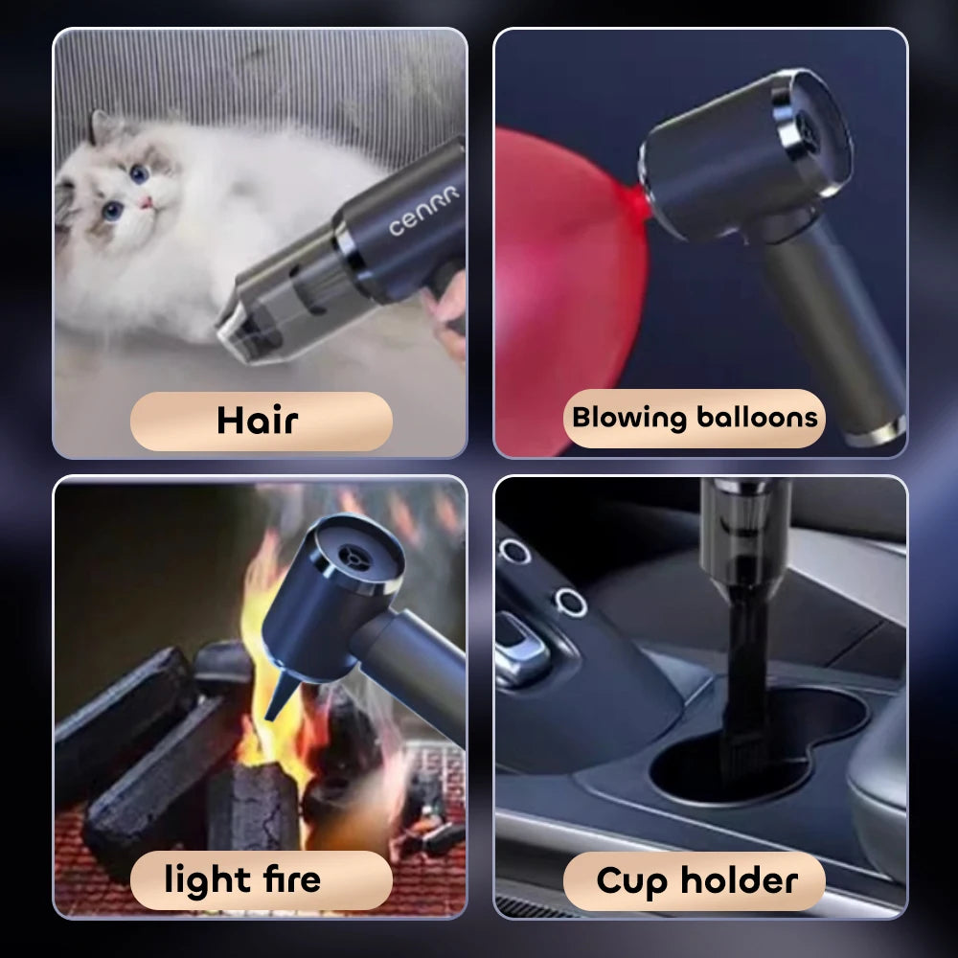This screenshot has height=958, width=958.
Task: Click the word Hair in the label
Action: tap(257, 421)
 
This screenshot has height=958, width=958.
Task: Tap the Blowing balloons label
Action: tap(695, 418)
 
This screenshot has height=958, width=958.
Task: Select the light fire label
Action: tap(242, 879)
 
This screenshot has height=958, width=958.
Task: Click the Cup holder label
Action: tap(696, 879)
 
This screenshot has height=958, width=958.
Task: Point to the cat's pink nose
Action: tap(147, 204)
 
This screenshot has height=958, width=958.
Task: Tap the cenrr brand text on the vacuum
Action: tap(423, 211)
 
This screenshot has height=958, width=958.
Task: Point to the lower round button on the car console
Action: tap(571, 602)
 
